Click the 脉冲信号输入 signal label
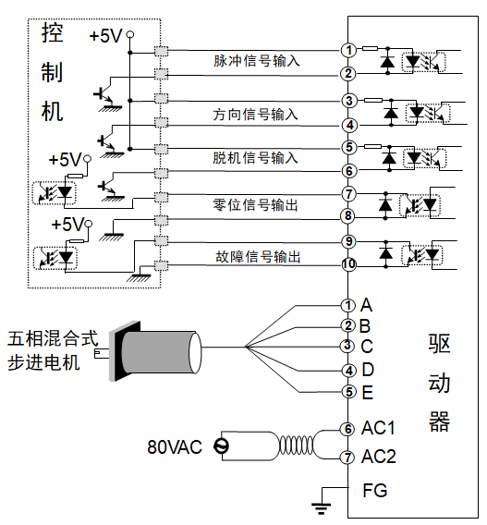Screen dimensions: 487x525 coord(256,61)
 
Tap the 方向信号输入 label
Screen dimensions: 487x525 coord(255,115)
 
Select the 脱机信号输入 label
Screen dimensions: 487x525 coord(255,158)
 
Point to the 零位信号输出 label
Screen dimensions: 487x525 coord(255,204)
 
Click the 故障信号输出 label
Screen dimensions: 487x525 coord(258,257)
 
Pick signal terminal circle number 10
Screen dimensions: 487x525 coord(348,264)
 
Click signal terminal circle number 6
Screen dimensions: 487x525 coord(348,171)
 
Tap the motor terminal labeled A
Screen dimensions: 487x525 coord(347,305)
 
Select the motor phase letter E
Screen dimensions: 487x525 coord(368,393)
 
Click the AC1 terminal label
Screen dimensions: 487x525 coord(378,428)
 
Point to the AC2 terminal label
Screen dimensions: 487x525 coord(379,457)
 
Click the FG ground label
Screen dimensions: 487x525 coord(375,491)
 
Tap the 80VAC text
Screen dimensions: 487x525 coord(175,446)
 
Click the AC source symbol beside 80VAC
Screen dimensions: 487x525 coord(221,446)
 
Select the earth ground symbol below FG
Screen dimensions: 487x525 coord(322,508)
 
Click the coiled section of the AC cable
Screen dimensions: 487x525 coord(296,446)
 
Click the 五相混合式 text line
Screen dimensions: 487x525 coord(53,338)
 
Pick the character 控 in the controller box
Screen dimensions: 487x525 coord(53,33)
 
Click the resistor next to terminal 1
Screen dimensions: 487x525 coord(371,49)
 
